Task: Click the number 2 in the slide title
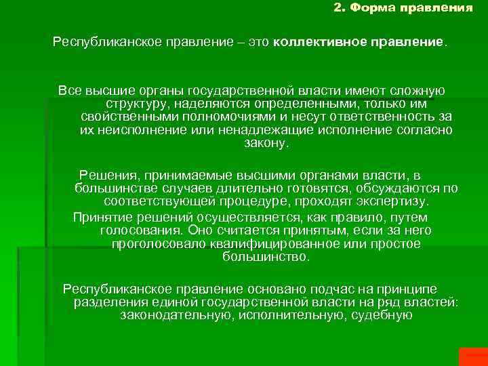339,9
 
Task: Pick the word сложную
420,91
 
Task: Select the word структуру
136,104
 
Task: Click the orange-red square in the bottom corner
473,357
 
